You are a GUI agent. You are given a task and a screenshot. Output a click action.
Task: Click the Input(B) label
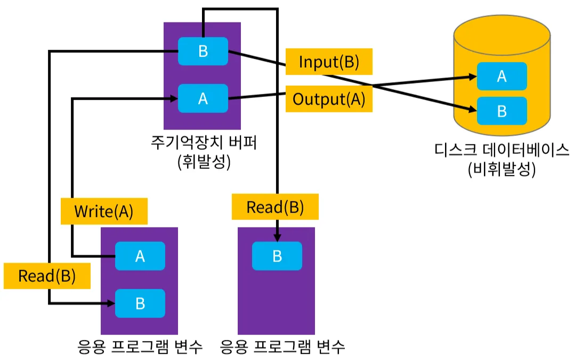329,61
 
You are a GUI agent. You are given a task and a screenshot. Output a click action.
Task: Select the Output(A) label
329,99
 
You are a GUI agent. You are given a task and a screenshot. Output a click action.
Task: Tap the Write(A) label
104,211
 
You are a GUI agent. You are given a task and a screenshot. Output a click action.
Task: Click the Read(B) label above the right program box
275,207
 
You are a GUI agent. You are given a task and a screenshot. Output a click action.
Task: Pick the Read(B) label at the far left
47,276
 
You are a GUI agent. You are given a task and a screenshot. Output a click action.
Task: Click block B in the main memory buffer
203,51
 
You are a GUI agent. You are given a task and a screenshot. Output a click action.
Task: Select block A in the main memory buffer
203,99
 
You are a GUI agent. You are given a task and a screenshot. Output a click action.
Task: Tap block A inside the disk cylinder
502,76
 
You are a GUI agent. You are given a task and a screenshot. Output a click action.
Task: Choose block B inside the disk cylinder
502,111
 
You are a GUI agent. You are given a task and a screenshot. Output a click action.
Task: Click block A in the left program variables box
140,256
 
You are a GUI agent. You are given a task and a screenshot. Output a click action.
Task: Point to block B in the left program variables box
140,304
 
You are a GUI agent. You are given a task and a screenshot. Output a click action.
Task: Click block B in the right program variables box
277,256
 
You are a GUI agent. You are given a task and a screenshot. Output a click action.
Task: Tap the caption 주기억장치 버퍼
204,142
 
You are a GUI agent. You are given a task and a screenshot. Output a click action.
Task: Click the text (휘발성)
204,162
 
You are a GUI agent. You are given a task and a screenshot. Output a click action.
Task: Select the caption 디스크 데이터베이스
502,150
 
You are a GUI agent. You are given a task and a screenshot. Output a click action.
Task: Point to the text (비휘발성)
502,169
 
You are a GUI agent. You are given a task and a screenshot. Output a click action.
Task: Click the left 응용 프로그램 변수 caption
140,347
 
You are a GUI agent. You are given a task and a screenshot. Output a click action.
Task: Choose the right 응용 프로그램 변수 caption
282,347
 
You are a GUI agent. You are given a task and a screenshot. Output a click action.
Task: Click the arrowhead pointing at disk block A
473,77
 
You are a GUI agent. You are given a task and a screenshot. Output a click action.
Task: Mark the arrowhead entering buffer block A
174,99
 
